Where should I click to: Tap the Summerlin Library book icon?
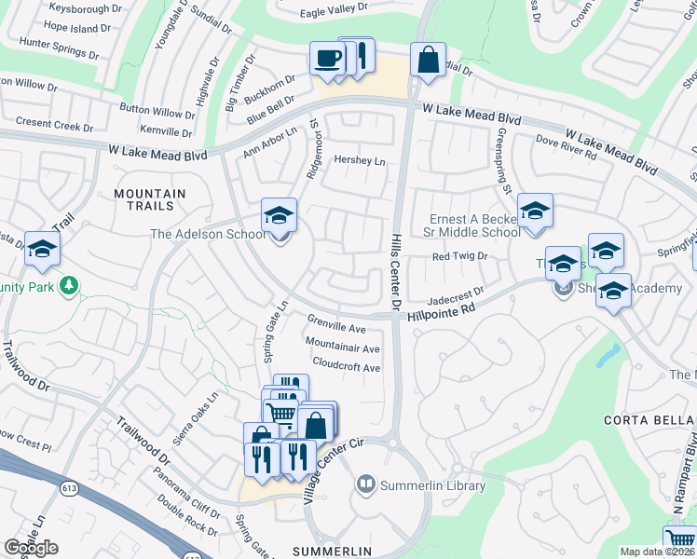(366, 484)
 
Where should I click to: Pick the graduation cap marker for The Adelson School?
(278, 216)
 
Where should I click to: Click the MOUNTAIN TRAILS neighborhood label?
(150, 199)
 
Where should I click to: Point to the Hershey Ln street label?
(360, 161)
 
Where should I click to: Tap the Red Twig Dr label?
(460, 256)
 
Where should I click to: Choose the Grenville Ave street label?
(336, 328)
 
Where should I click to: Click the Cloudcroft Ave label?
(347, 367)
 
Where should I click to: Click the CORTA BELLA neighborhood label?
(644, 419)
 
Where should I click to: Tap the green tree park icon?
(67, 283)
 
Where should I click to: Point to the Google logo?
(31, 548)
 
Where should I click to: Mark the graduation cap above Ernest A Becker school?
(535, 211)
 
